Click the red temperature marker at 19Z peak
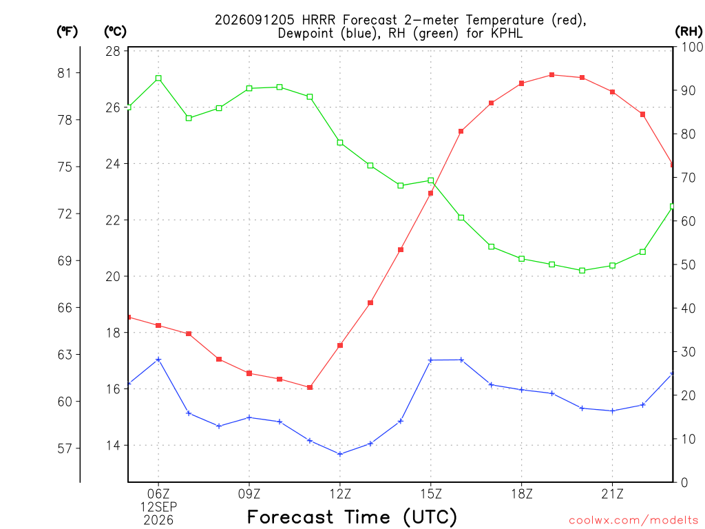pyautogui.click(x=551, y=74)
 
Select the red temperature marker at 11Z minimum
pyautogui.click(x=310, y=387)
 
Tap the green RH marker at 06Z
pyautogui.click(x=158, y=79)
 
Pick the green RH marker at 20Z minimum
pyautogui.click(x=582, y=271)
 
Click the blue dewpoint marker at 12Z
pyautogui.click(x=340, y=454)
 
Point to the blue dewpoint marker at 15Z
pyautogui.click(x=431, y=360)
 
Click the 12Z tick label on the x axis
pyautogui.click(x=340, y=495)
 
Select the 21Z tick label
pyautogui.click(x=612, y=495)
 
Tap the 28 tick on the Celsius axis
pyautogui.click(x=114, y=51)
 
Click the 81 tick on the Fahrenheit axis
pyautogui.click(x=64, y=73)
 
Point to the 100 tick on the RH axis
pyautogui.click(x=693, y=47)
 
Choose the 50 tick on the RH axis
pyautogui.click(x=688, y=264)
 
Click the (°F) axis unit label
pyautogui.click(x=67, y=32)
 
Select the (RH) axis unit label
pyautogui.click(x=688, y=32)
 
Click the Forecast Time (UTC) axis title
pyautogui.click(x=352, y=517)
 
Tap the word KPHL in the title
pyautogui.click(x=507, y=33)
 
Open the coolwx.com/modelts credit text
pyautogui.click(x=634, y=521)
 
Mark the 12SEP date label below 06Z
pyautogui.click(x=159, y=507)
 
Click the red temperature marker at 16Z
pyautogui.click(x=461, y=132)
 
